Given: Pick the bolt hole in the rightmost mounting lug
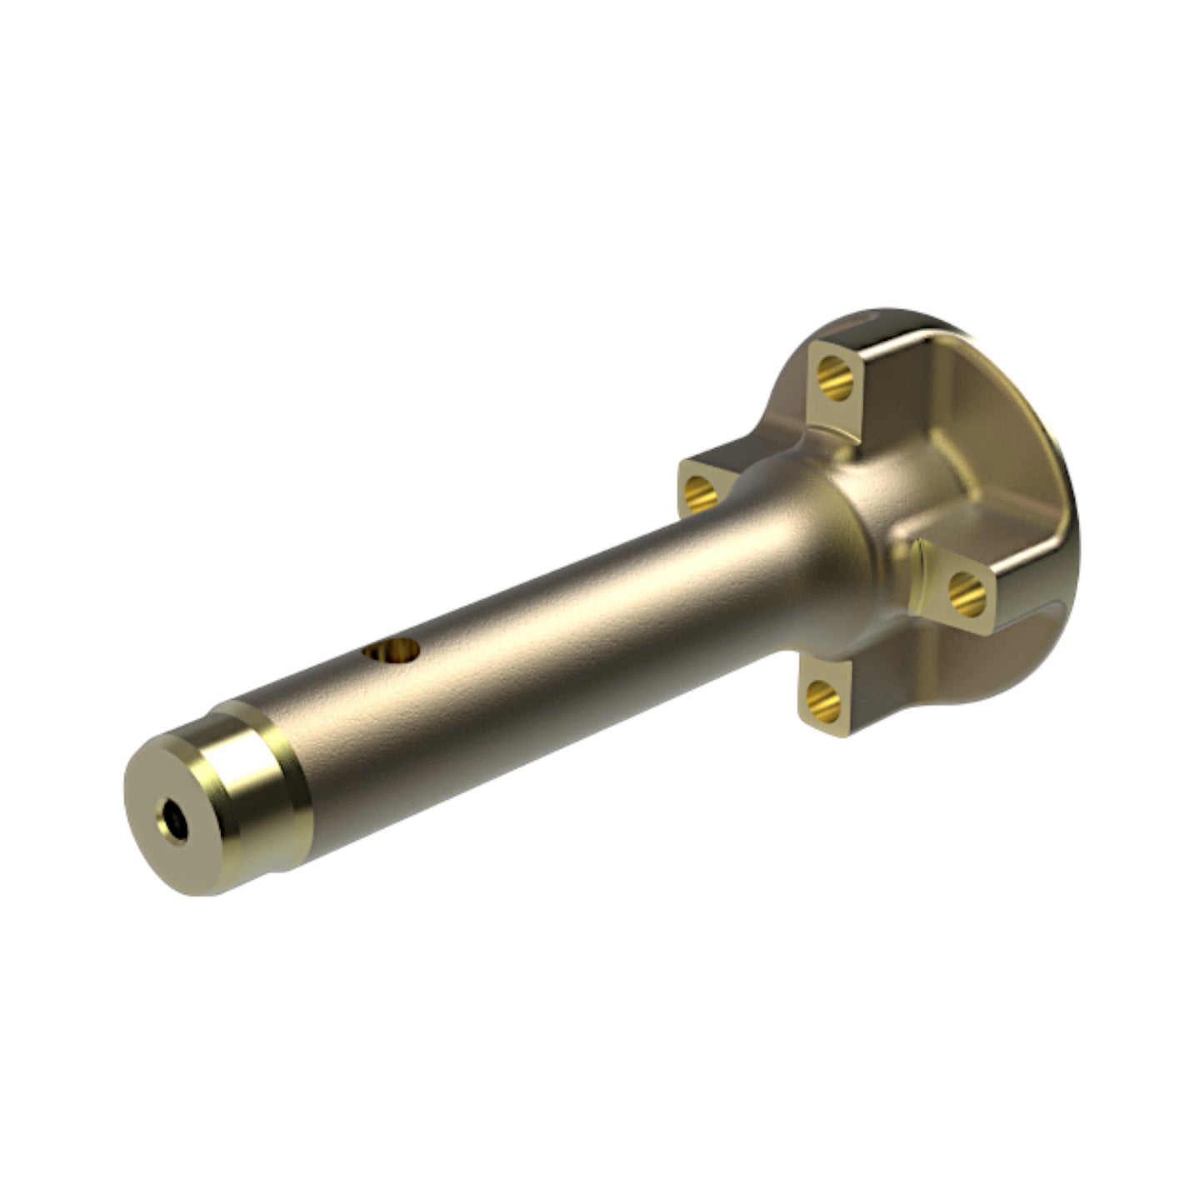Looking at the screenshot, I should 967,593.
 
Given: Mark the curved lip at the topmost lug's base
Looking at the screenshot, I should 833,433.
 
